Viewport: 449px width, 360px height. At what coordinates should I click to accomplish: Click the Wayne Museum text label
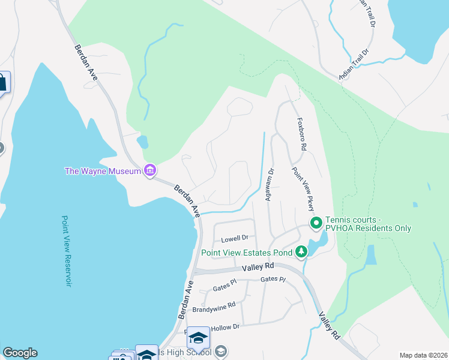(103, 172)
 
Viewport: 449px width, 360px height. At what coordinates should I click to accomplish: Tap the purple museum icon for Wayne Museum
(150, 171)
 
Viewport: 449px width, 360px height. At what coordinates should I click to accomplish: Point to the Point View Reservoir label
(67, 251)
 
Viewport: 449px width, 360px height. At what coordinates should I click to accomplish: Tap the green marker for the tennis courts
(316, 224)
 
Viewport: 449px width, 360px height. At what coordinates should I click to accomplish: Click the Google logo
(20, 353)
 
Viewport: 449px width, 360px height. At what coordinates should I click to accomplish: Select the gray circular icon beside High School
(220, 352)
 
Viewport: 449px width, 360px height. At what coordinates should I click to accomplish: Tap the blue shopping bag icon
(2, 82)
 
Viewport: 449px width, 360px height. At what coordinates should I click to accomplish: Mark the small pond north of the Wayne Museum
(143, 142)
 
